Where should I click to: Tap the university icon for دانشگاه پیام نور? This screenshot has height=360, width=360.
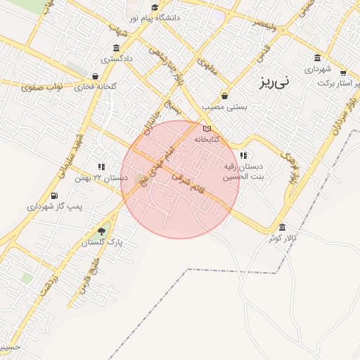tap(133, 15)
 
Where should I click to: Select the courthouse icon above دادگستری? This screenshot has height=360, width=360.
tap(115, 48)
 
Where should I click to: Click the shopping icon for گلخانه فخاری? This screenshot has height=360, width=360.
tap(94, 76)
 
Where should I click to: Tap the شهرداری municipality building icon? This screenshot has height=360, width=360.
tap(317, 57)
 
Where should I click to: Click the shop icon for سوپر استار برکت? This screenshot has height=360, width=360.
tap(342, 72)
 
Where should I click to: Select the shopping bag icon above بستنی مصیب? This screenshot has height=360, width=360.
tap(224, 95)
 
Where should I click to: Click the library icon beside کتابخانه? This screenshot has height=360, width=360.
tap(207, 129)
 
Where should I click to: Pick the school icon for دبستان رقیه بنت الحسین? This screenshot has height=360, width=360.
tap(243, 155)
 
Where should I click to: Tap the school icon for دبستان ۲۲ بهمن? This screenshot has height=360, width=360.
tap(101, 167)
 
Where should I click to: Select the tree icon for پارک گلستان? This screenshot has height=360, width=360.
tap(102, 231)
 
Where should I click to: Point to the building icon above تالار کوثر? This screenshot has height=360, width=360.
tap(282, 227)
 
